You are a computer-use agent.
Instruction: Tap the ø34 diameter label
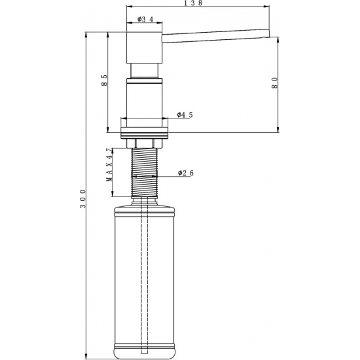(145, 20)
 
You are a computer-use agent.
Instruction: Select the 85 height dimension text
(104, 82)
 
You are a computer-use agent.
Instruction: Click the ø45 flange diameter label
(185, 115)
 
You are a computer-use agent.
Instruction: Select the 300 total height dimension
(82, 198)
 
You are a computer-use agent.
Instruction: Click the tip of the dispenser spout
(268, 33)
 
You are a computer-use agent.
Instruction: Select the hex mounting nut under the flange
(145, 142)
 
